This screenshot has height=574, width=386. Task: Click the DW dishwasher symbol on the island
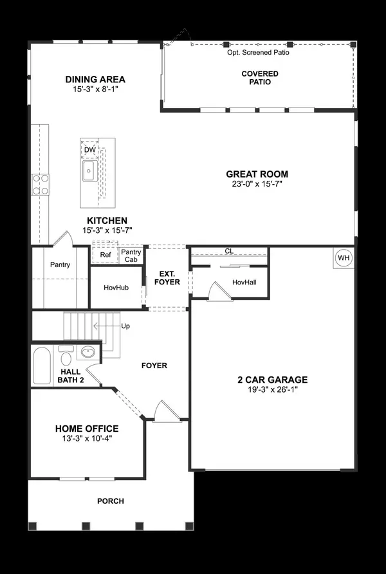point(90,150)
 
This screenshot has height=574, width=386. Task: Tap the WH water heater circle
point(344,258)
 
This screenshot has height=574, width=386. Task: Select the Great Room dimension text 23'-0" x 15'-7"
point(257,184)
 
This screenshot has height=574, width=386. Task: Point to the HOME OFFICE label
point(87,429)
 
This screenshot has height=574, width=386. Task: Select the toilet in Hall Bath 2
point(66,355)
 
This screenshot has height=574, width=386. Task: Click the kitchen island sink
point(89,172)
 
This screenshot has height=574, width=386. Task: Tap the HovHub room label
point(117,287)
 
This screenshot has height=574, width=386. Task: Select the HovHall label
point(244,282)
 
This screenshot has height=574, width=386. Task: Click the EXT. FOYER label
point(167,278)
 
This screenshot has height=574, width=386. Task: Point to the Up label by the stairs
point(125,326)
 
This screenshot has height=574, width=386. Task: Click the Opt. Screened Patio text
point(257,52)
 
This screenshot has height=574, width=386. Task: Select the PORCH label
point(110,501)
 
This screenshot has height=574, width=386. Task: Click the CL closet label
point(228,251)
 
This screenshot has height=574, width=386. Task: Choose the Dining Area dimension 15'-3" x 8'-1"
point(95,90)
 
